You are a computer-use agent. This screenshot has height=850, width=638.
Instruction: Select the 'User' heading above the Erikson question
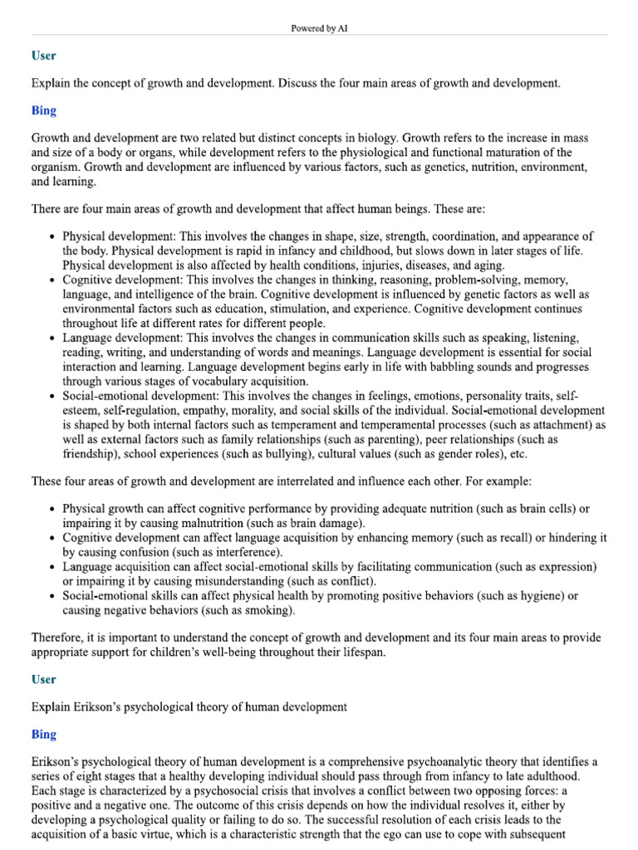point(43,679)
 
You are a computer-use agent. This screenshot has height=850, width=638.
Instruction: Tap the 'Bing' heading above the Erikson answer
point(43,734)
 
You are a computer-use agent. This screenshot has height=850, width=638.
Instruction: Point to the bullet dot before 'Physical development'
point(53,237)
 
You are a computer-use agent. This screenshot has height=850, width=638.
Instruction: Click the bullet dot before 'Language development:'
point(53,338)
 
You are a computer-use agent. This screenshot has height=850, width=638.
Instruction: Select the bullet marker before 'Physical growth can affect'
point(53,508)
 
